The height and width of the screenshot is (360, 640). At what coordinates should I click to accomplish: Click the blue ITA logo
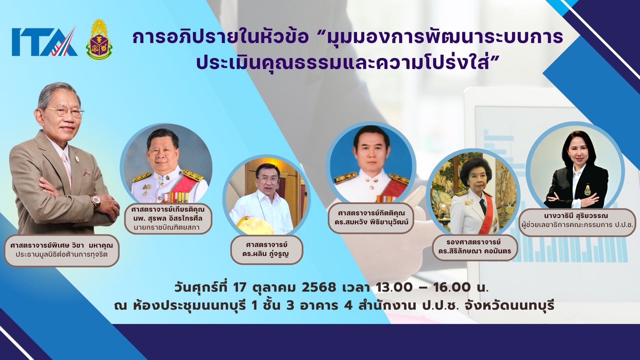click(x=45, y=41)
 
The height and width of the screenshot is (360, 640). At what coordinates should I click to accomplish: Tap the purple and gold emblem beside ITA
click(x=99, y=39)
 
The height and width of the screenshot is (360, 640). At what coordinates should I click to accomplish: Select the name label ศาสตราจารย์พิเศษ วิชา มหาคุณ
click(x=62, y=250)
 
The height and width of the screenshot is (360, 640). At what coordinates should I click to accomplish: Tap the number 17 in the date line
click(x=239, y=288)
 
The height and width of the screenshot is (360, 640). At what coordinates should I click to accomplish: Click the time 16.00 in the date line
click(x=452, y=288)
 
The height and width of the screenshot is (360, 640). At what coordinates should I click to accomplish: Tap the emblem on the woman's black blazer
click(x=586, y=190)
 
